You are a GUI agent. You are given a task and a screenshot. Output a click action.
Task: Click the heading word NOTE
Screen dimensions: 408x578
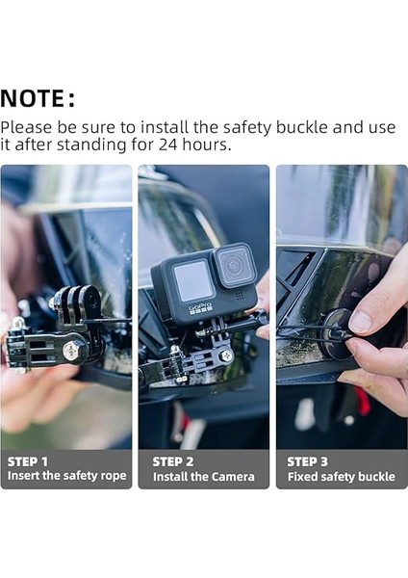click(x=34, y=98)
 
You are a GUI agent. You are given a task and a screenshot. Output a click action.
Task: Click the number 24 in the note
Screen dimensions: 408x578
click(x=168, y=144)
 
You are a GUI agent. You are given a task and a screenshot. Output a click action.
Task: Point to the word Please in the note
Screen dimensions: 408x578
click(x=26, y=127)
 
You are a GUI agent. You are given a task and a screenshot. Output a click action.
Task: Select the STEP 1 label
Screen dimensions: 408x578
click(x=28, y=461)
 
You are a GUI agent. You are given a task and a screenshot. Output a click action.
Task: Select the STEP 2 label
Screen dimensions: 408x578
click(x=172, y=461)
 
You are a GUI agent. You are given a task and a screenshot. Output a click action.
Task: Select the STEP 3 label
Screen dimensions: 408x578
click(x=307, y=461)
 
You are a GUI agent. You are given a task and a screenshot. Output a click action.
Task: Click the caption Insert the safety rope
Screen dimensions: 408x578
click(x=66, y=476)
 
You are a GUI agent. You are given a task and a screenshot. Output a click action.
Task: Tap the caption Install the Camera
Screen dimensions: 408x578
click(x=204, y=477)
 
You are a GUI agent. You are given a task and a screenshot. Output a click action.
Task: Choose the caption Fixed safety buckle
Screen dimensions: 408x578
click(x=342, y=477)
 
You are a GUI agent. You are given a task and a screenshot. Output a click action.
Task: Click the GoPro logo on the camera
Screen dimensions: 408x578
click(x=201, y=308)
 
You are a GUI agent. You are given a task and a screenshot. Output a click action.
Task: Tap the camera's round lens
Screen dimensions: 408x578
click(x=234, y=265)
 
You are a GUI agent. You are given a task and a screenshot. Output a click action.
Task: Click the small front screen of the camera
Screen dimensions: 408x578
click(x=192, y=280)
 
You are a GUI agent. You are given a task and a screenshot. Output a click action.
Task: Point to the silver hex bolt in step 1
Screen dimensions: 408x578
click(x=71, y=351)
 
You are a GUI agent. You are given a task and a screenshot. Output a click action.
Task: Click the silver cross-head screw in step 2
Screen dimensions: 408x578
click(x=226, y=355)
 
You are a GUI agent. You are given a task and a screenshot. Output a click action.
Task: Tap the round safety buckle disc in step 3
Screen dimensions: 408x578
click(x=334, y=332)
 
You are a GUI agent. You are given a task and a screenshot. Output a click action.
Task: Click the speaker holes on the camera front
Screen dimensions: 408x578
click(x=240, y=296)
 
